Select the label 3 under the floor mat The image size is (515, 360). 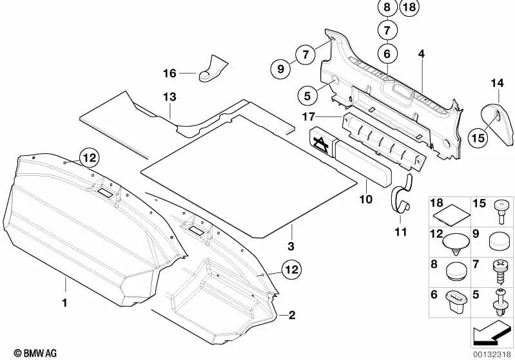[291, 246]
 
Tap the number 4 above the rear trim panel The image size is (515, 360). [421, 55]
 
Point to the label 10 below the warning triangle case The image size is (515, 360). [365, 200]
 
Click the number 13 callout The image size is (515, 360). [169, 97]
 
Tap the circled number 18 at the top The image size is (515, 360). [408, 8]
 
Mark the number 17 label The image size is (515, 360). [308, 116]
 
